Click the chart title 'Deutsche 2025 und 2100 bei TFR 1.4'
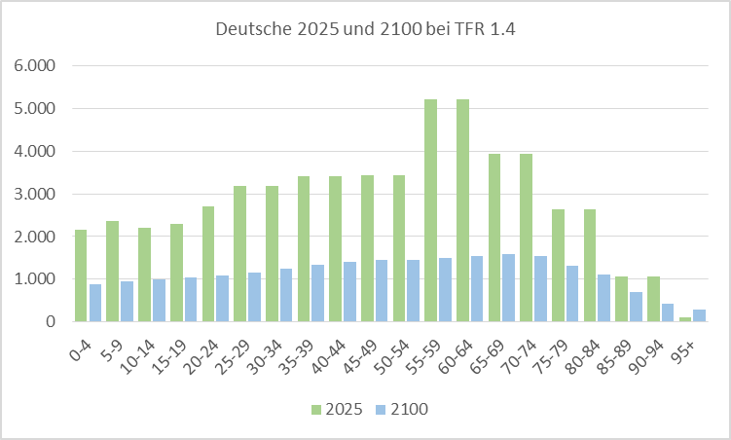point(364,29)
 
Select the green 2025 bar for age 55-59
point(430,210)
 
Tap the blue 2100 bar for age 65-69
point(508,287)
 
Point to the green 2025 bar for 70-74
point(526,238)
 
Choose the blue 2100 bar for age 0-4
point(95,302)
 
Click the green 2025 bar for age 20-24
point(207,264)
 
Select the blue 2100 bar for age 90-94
point(667,312)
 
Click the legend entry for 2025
point(336,410)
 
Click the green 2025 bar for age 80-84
point(589,265)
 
